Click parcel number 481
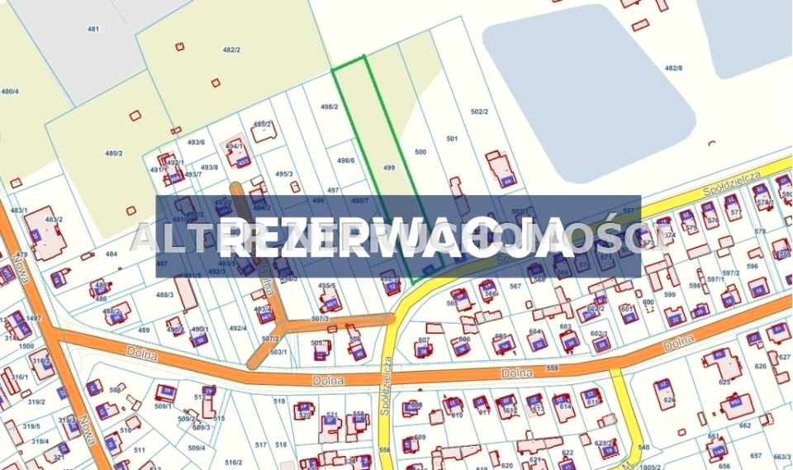93,29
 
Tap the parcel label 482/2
231,50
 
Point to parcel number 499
389,167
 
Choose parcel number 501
451,138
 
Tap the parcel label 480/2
113,153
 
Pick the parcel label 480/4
10,91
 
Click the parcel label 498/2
330,107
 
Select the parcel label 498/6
346,160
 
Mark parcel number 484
112,254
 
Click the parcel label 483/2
54,219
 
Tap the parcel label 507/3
321,319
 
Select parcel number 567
515,287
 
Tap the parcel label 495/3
284,173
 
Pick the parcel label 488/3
164,294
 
